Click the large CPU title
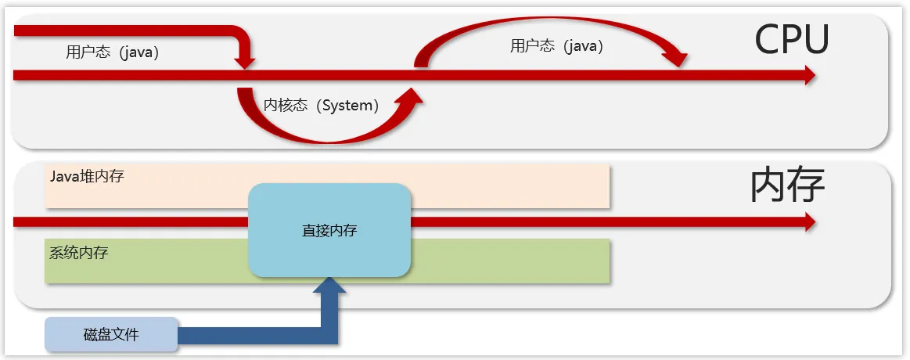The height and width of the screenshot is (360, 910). pos(791,39)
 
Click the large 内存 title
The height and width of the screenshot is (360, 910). pos(787,186)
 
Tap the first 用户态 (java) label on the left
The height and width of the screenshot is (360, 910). pos(112,53)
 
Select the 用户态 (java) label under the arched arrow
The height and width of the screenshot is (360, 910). pos(556,46)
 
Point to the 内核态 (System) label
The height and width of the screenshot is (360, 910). pos(321,106)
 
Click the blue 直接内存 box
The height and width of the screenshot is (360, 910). pos(329,230)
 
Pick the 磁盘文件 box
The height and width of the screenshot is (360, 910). pos(111,334)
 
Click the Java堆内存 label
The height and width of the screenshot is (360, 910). pos(86,176)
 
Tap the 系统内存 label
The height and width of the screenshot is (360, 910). pos(78,253)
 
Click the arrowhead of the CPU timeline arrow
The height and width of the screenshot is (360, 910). pos(808,75)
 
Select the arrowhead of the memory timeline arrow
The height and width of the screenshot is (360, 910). pos(808,222)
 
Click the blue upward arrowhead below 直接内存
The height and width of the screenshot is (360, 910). pos(329,286)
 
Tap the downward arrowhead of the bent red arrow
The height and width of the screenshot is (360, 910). pos(246,60)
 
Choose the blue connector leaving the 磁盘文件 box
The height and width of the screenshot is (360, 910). pos(250,335)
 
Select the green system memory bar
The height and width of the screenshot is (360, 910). pos(509,261)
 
